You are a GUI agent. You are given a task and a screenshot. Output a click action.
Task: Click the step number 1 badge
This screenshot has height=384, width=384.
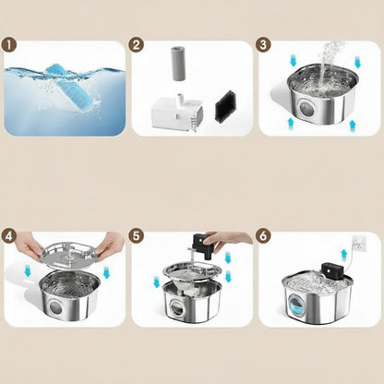pos(9,45)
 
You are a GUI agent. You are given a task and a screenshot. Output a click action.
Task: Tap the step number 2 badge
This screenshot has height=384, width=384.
pos(137,45)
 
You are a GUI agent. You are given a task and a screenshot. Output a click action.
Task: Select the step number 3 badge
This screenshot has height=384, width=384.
pos(263,45)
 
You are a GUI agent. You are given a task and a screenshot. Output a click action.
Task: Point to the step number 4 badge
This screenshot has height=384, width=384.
pos(9,236)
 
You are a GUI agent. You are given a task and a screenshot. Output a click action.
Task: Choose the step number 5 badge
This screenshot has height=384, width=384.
pos(137,236)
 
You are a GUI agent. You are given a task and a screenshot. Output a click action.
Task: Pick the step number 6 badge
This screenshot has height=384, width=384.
pos(263,236)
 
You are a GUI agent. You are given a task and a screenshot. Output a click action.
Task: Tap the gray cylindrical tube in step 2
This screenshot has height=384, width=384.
pos(178,64)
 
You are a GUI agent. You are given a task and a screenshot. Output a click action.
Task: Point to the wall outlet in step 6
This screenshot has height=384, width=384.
pos(358,242)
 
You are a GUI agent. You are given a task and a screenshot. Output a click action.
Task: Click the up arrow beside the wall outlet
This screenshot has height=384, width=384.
pos(344,256)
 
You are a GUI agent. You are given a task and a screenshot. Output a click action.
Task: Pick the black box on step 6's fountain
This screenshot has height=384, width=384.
pos(332,270)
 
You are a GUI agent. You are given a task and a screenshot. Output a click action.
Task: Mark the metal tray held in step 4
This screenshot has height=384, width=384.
pos(70,254)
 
